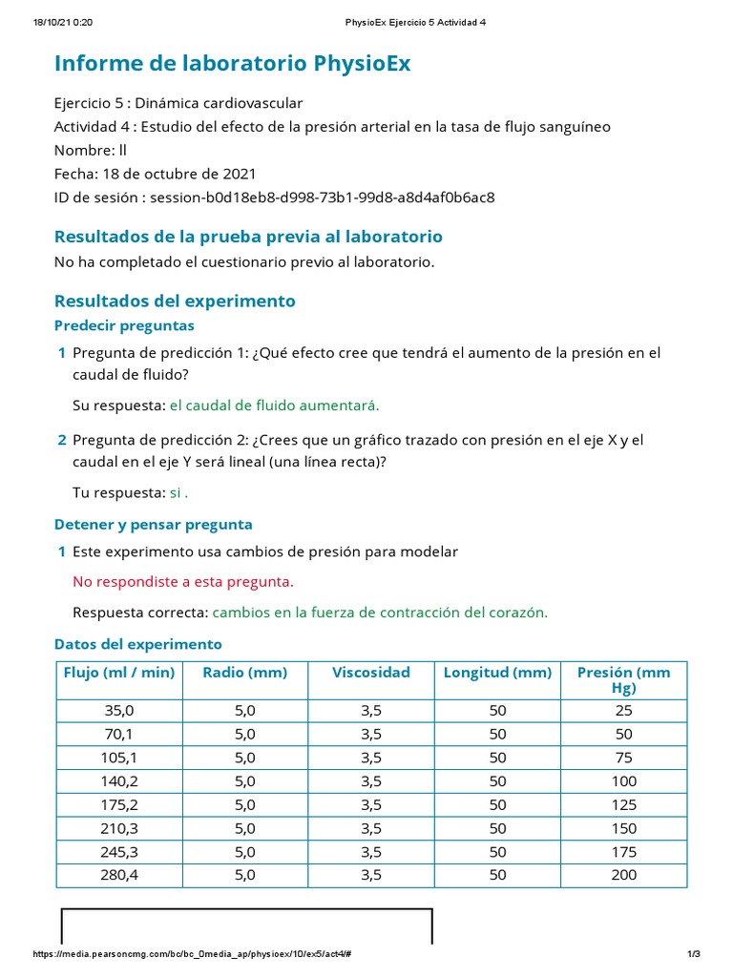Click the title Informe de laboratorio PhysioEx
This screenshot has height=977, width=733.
tap(232, 64)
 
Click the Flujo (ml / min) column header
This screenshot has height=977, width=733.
tap(119, 673)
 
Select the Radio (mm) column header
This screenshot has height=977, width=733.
tap(245, 673)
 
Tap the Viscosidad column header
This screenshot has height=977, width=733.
tap(371, 673)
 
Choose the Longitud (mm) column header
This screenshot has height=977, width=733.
tap(497, 673)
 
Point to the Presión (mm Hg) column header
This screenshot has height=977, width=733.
tap(623, 679)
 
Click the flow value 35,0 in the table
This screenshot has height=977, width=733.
tap(119, 710)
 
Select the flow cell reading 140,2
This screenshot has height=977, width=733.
tap(119, 780)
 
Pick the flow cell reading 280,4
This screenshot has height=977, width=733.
tap(119, 874)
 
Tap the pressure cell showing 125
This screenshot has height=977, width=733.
tap(623, 803)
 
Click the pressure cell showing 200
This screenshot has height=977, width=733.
tap(623, 874)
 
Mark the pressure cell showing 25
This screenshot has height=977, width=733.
tap(623, 710)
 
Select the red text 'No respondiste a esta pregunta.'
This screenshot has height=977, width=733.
tap(183, 582)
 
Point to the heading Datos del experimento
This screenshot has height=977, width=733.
tap(137, 644)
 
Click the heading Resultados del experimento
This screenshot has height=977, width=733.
tap(175, 301)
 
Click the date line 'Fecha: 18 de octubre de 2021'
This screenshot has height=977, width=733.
tap(155, 175)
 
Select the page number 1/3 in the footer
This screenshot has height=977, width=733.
tap(694, 955)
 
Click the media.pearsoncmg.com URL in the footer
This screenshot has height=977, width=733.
tap(196, 955)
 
